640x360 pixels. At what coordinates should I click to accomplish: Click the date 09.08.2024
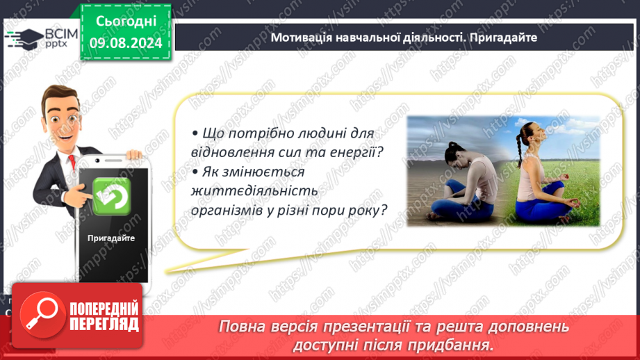click(126, 43)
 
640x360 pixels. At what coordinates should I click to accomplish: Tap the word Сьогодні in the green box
click(126, 21)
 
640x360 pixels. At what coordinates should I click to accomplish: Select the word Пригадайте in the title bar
click(503, 38)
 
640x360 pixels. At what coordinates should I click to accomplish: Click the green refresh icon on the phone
click(111, 196)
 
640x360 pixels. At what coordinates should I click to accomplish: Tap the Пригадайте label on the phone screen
click(111, 238)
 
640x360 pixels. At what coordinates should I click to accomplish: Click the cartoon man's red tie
click(72, 162)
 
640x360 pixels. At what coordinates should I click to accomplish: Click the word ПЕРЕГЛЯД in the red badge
click(104, 325)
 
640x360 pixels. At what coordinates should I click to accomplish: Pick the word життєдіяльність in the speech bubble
click(254, 190)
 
